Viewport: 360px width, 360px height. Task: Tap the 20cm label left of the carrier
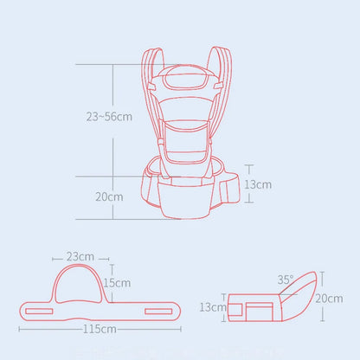pos(109,196)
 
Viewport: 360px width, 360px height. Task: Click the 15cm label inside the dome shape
pos(117,282)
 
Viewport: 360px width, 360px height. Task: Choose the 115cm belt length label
pos(101,329)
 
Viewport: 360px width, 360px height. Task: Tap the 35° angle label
pos(286,280)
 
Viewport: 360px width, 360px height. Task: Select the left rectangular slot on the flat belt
pos(38,309)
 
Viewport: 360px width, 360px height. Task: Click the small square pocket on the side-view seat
pos(256,307)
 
